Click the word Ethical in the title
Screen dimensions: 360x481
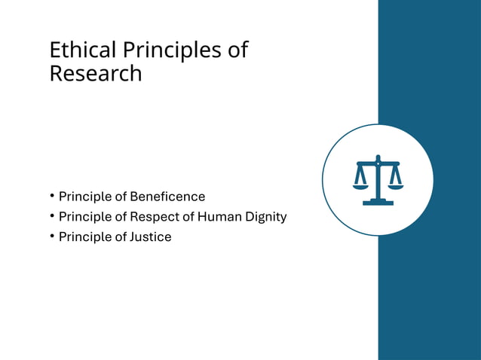(72, 50)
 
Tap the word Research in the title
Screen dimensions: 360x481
(95, 74)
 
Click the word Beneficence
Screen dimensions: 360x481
(167, 197)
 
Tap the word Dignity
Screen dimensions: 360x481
(265, 217)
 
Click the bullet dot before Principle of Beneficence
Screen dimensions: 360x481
(52, 197)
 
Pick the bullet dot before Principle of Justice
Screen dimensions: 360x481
(52, 237)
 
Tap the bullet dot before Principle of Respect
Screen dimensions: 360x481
(52, 217)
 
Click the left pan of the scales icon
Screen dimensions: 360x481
(360, 186)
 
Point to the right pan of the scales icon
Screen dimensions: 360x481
(395, 186)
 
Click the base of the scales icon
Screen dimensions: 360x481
(378, 203)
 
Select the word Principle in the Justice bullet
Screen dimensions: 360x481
(85, 237)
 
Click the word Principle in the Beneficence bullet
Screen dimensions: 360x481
(85, 197)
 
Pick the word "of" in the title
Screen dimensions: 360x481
(237, 50)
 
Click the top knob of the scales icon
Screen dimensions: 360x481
(378, 157)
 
